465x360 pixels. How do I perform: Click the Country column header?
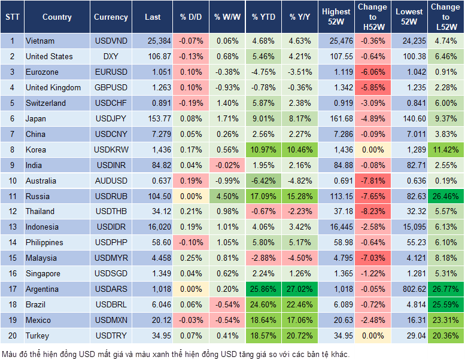(56, 17)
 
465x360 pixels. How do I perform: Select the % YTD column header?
(263, 17)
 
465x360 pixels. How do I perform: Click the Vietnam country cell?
(40, 41)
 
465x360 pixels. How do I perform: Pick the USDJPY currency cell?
(111, 118)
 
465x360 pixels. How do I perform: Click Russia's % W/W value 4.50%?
(226, 196)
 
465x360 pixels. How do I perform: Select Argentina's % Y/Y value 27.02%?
(300, 289)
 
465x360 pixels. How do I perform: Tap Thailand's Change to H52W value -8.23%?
(372, 212)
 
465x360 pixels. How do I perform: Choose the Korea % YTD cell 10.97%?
(263, 150)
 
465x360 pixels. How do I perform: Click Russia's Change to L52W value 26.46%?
(445, 196)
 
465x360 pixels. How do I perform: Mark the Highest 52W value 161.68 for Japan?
(336, 118)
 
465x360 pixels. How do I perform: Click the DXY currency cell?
(111, 56)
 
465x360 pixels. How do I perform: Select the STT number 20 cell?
(12, 336)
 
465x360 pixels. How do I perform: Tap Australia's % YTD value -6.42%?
(263, 181)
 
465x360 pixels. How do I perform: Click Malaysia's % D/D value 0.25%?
(190, 258)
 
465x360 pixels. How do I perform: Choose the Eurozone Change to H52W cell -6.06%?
(372, 72)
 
